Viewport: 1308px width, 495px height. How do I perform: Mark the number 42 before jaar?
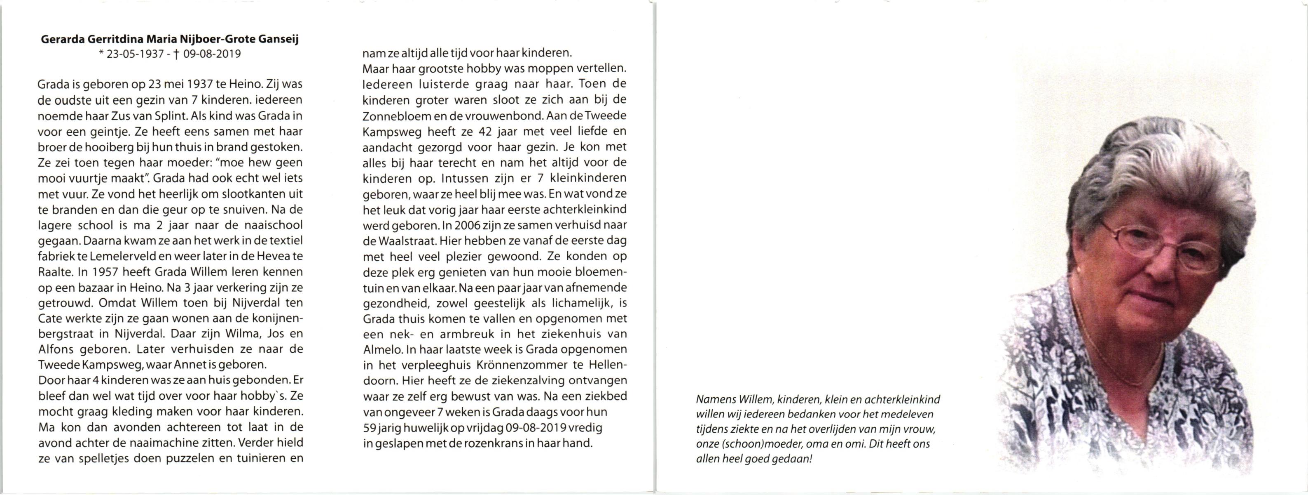[485, 131]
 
